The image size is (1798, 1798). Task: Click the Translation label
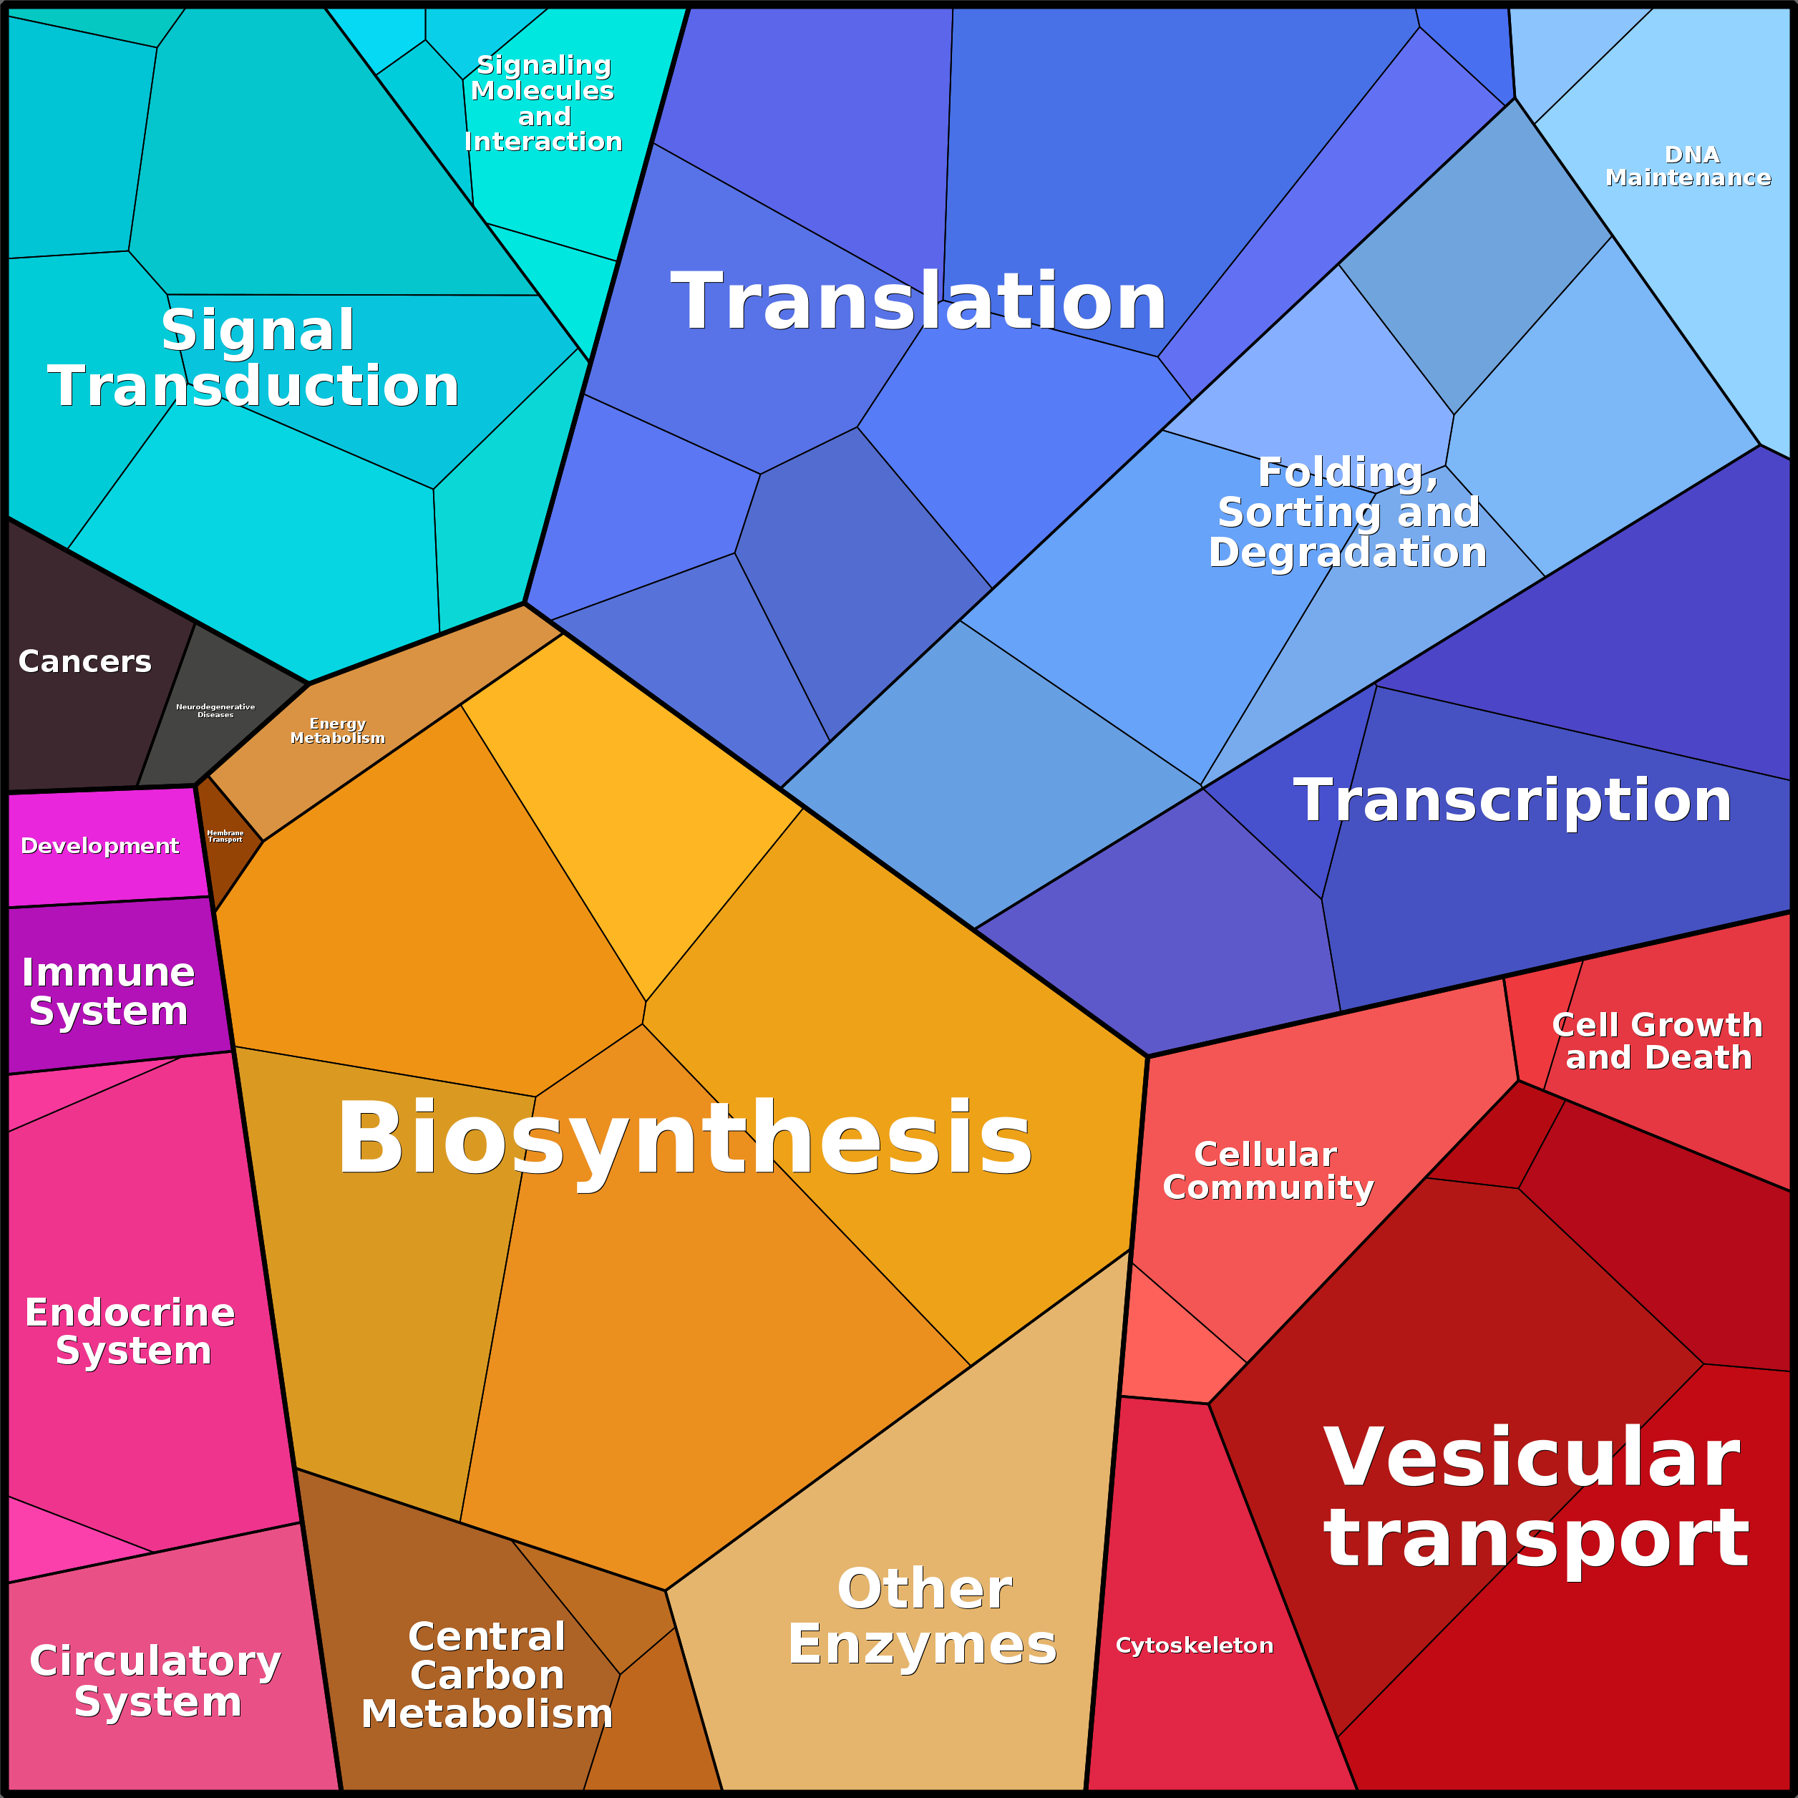pyautogui.click(x=918, y=301)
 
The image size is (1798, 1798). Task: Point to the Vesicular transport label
pyautogui.click(x=1535, y=1497)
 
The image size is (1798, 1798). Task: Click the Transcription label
pyautogui.click(x=1512, y=800)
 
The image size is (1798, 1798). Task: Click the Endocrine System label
pyautogui.click(x=130, y=1331)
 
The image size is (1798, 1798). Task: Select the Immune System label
pyautogui.click(x=108, y=991)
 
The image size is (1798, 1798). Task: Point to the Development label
pyautogui.click(x=99, y=846)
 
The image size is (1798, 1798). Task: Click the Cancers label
pyautogui.click(x=84, y=661)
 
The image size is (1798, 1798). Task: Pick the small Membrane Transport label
pyautogui.click(x=225, y=836)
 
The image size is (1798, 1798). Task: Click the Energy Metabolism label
pyautogui.click(x=338, y=731)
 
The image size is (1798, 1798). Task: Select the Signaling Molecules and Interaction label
pyautogui.click(x=543, y=103)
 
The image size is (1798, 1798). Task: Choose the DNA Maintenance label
pyautogui.click(x=1688, y=165)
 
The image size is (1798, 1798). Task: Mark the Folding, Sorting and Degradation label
pyautogui.click(x=1348, y=512)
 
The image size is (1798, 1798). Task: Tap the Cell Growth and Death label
pyautogui.click(x=1658, y=1041)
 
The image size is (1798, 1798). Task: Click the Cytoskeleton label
pyautogui.click(x=1194, y=1646)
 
